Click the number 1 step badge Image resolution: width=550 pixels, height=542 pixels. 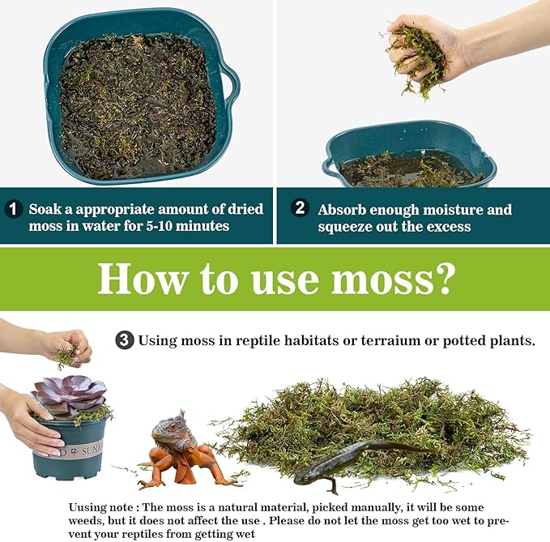(15, 210)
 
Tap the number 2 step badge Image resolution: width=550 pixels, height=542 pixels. (301, 209)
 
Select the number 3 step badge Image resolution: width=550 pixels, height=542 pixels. (125, 340)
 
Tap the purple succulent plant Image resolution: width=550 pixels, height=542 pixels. (69, 396)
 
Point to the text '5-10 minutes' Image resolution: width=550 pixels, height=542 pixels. (190, 226)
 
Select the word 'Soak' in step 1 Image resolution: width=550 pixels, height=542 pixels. (45, 209)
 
